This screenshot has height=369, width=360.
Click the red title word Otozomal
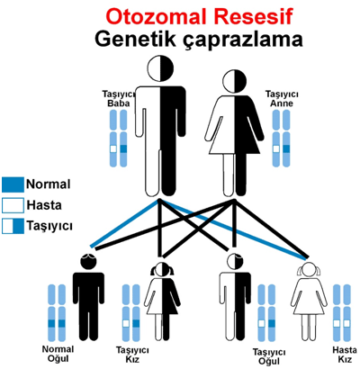pyautogui.click(x=157, y=16)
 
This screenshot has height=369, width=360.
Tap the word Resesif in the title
pyautogui.click(x=253, y=16)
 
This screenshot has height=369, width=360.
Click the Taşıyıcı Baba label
pyautogui.click(x=119, y=99)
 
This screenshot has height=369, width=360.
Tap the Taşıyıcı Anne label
pyautogui.click(x=282, y=99)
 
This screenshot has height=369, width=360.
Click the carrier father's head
pyautogui.click(x=161, y=68)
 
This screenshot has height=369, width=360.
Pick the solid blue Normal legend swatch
pyautogui.click(x=13, y=184)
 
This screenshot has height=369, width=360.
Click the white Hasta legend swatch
pyautogui.click(x=13, y=205)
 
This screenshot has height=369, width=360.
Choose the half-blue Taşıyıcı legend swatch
pyautogui.click(x=13, y=226)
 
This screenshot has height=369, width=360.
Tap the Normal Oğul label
pyautogui.click(x=58, y=354)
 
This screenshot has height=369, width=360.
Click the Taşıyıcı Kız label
pyautogui.click(x=132, y=355)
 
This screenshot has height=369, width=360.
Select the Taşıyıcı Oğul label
pyautogui.click(x=269, y=356)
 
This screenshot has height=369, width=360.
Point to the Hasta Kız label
pyautogui.click(x=345, y=355)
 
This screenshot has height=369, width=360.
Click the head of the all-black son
pyautogui.click(x=88, y=262)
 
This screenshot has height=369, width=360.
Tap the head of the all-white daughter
pyautogui.click(x=309, y=269)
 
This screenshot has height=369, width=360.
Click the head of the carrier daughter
pyautogui.click(x=162, y=269)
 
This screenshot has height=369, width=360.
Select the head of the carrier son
pyautogui.click(x=236, y=261)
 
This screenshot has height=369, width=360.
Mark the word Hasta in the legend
pyautogui.click(x=44, y=205)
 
